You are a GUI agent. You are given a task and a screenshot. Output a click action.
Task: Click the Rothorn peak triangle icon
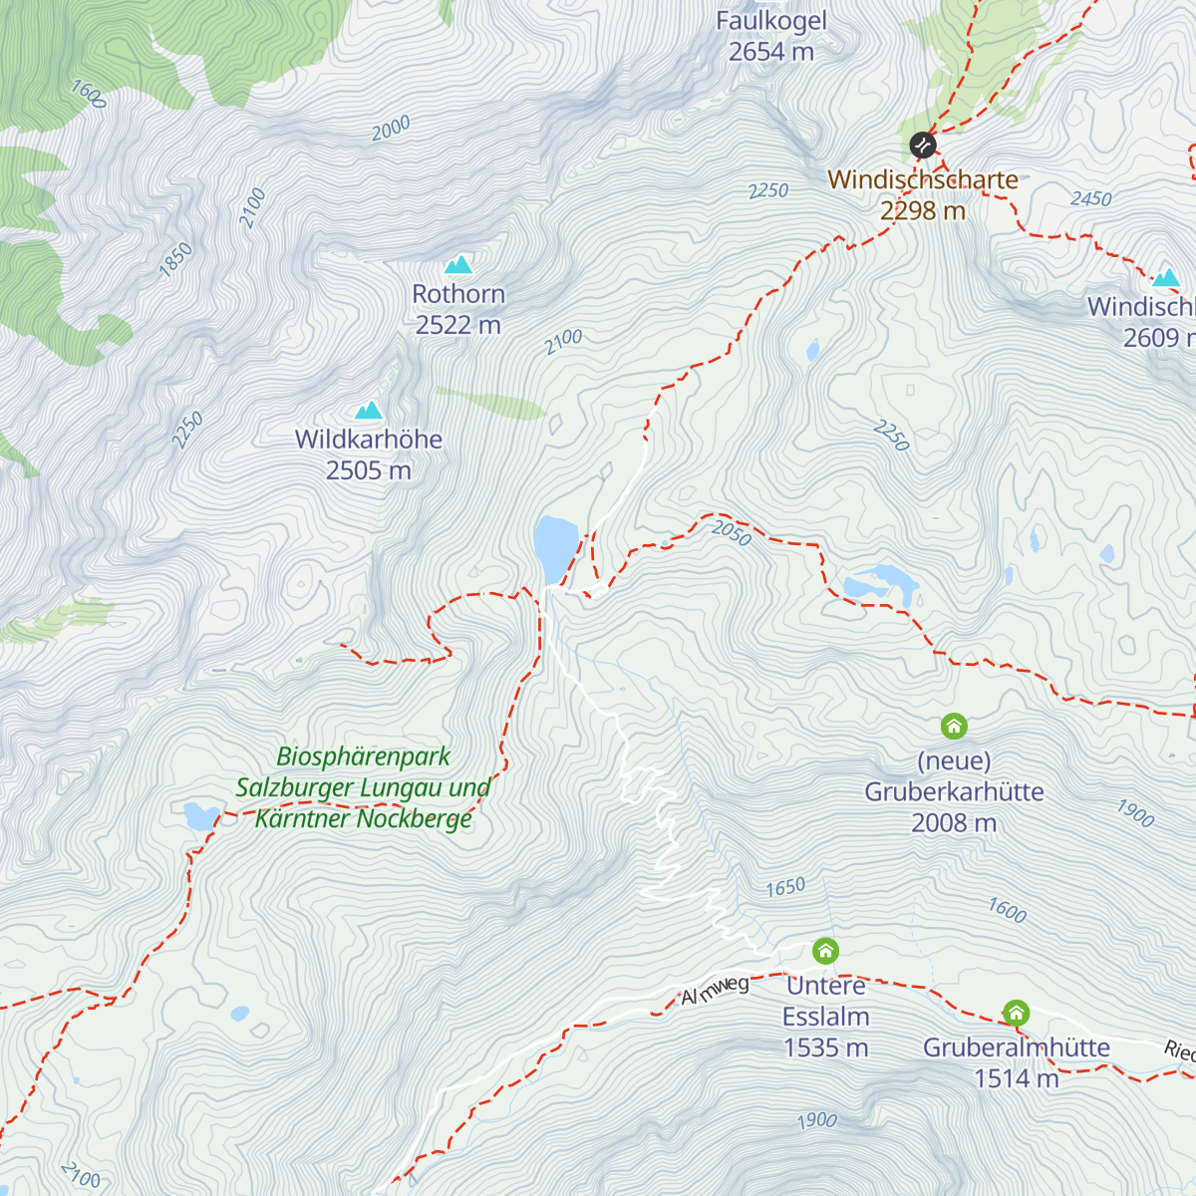(458, 264)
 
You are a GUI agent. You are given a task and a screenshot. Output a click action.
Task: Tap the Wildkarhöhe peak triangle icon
(369, 410)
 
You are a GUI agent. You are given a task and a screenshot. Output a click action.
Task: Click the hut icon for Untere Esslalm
(825, 951)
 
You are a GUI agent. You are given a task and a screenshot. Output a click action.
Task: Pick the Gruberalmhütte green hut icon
(1016, 1014)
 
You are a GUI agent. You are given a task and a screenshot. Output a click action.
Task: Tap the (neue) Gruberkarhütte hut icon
(954, 726)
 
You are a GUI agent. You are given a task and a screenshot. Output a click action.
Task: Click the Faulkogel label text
(771, 21)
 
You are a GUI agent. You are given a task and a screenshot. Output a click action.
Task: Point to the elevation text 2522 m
(458, 325)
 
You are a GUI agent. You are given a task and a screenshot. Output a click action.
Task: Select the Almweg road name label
(716, 990)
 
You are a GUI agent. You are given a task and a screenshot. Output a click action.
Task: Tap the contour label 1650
(785, 887)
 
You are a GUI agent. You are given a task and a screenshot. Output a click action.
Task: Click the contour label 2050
(732, 533)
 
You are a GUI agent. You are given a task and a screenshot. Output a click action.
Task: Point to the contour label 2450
(1091, 199)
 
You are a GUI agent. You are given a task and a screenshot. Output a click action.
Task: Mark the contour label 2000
(391, 129)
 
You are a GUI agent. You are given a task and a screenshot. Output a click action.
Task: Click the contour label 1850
(176, 259)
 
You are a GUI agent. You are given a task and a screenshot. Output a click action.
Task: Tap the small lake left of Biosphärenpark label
(200, 815)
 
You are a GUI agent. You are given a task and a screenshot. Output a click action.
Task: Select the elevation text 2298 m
(923, 211)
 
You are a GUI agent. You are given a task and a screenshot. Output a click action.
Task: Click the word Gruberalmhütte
(1016, 1047)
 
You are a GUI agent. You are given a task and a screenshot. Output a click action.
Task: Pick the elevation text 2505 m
(369, 470)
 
